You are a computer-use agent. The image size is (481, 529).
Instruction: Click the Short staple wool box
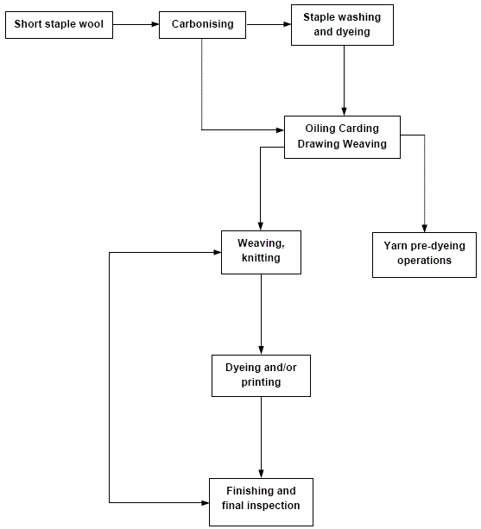[59, 24]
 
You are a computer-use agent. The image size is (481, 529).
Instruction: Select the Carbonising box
[202, 24]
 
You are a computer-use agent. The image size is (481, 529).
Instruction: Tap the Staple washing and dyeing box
[343, 24]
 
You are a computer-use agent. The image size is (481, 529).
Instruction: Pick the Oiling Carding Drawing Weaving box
[342, 136]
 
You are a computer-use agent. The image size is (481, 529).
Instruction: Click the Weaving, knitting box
[262, 252]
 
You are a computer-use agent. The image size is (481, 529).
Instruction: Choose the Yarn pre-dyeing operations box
[424, 254]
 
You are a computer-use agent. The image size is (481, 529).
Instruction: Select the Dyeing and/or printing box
[261, 375]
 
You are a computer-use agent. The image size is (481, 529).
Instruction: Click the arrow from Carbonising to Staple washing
[267, 24]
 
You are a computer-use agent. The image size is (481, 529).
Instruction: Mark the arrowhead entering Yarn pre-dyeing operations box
[424, 227]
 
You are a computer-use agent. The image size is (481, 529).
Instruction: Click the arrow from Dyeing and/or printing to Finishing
[262, 436]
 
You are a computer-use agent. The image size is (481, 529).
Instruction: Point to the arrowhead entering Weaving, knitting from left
[216, 253]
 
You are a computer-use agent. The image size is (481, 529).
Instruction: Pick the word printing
[261, 382]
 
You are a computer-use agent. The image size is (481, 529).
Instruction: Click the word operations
[424, 261]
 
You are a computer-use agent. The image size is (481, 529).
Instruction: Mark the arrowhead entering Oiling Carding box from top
[344, 110]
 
